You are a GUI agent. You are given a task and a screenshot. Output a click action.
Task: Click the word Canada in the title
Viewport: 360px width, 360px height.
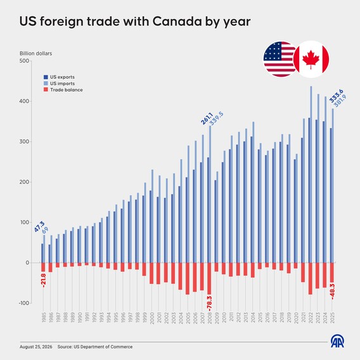tap(177, 22)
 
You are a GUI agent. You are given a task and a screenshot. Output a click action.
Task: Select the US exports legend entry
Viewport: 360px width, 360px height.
tap(59, 77)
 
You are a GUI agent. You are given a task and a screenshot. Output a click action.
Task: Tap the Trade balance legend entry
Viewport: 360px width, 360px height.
tap(63, 90)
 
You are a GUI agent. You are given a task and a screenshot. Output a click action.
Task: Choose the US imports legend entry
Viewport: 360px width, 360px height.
tap(59, 83)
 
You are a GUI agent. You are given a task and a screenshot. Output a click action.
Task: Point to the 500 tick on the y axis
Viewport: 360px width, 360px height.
tap(25, 61)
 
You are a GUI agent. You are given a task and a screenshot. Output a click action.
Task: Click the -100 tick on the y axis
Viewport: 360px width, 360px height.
tap(24, 303)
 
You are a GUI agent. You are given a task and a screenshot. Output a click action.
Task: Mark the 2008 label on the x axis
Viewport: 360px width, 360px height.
tap(209, 318)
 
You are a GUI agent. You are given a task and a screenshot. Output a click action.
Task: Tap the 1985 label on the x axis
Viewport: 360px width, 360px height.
tap(44, 318)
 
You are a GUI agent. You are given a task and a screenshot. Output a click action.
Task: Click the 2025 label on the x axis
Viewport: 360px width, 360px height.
tap(332, 318)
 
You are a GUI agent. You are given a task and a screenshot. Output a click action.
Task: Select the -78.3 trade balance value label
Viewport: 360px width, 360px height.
tap(209, 304)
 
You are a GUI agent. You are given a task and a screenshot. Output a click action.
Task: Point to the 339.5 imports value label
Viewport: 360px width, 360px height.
tap(216, 119)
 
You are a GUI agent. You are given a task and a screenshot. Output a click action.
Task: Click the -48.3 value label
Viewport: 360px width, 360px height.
tap(333, 292)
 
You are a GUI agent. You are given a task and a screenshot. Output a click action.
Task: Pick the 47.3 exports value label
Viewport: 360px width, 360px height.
tap(39, 226)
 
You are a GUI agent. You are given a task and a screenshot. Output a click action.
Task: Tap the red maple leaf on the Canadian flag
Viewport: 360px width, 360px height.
tap(311, 59)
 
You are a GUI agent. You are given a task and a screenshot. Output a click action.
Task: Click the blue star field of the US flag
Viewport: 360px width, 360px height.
tap(273, 51)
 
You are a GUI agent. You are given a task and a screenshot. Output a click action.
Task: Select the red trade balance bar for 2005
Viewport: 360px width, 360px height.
tap(188, 278)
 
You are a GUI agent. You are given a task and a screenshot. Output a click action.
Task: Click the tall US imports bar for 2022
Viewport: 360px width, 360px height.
tap(311, 174)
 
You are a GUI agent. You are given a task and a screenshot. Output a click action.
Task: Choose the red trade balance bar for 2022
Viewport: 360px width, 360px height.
tap(310, 278)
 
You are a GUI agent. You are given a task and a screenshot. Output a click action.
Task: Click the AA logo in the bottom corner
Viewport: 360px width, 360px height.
tap(337, 341)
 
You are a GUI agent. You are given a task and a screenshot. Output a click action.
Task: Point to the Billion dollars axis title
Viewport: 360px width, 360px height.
tap(36, 53)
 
